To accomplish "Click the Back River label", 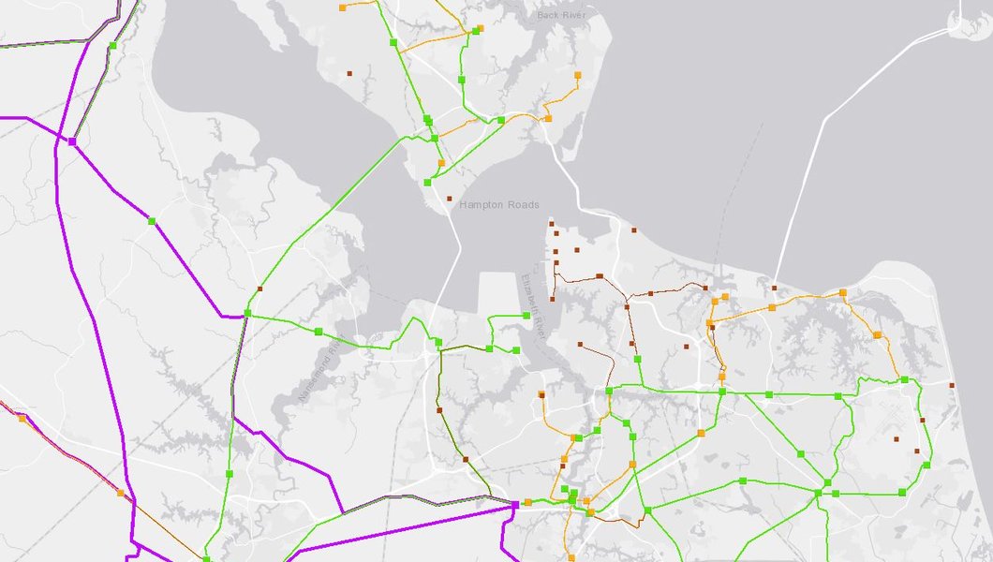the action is click(x=560, y=15).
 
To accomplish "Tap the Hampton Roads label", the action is click(x=498, y=204).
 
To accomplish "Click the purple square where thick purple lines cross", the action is click(x=71, y=140).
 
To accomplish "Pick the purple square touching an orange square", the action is click(x=515, y=505).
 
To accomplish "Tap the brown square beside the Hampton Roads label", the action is click(x=450, y=199).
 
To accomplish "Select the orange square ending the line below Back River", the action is click(x=577, y=74).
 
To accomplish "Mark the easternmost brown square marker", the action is click(x=952, y=385).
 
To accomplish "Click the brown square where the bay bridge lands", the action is click(x=774, y=288).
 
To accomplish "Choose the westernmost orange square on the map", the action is click(x=22, y=419).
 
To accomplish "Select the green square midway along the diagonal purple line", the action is click(x=151, y=221).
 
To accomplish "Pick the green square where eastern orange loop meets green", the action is click(x=904, y=379).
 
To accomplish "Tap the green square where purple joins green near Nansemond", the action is click(x=247, y=313).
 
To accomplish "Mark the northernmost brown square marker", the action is click(x=349, y=72).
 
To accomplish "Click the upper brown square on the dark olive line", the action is click(x=439, y=410).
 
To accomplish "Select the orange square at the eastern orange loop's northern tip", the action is click(x=842, y=292).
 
